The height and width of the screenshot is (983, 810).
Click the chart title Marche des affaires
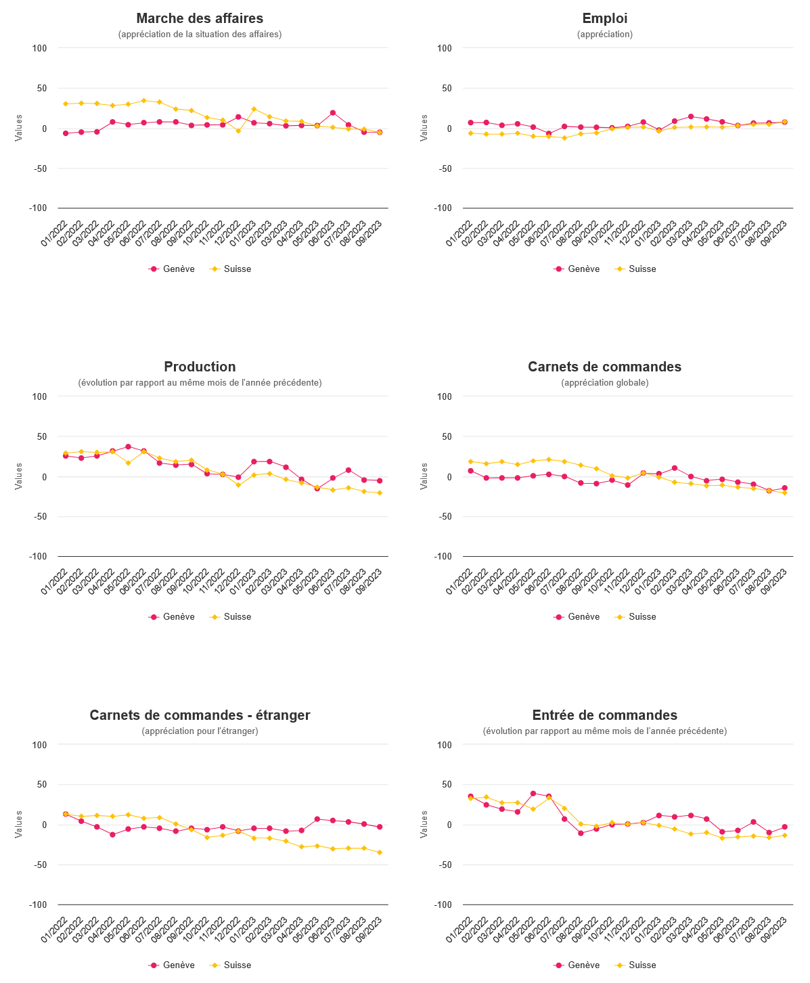[x=200, y=18]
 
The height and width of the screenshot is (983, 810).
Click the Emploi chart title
[x=605, y=18]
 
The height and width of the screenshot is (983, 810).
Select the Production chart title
[x=200, y=367]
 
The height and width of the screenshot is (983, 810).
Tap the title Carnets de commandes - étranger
[x=200, y=715]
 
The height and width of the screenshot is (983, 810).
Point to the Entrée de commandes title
[x=605, y=715]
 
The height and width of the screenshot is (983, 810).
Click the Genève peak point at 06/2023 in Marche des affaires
[x=332, y=113]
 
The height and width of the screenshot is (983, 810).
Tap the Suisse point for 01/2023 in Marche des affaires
[x=254, y=109]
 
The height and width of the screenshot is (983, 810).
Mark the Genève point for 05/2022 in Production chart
[x=128, y=447]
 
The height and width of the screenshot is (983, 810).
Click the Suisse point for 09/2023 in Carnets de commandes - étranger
[x=380, y=852]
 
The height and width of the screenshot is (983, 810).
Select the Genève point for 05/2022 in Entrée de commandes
[x=533, y=794]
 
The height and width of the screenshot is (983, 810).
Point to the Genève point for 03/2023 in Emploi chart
[x=690, y=116]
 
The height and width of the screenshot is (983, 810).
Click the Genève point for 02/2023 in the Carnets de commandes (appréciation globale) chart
[x=675, y=468]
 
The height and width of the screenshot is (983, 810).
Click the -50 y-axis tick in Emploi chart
[x=445, y=168]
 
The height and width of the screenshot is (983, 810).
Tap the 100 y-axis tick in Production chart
[x=39, y=396]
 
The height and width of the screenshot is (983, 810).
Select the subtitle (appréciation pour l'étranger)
[x=200, y=731]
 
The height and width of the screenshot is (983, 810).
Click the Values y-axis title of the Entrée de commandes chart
[x=424, y=824]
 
